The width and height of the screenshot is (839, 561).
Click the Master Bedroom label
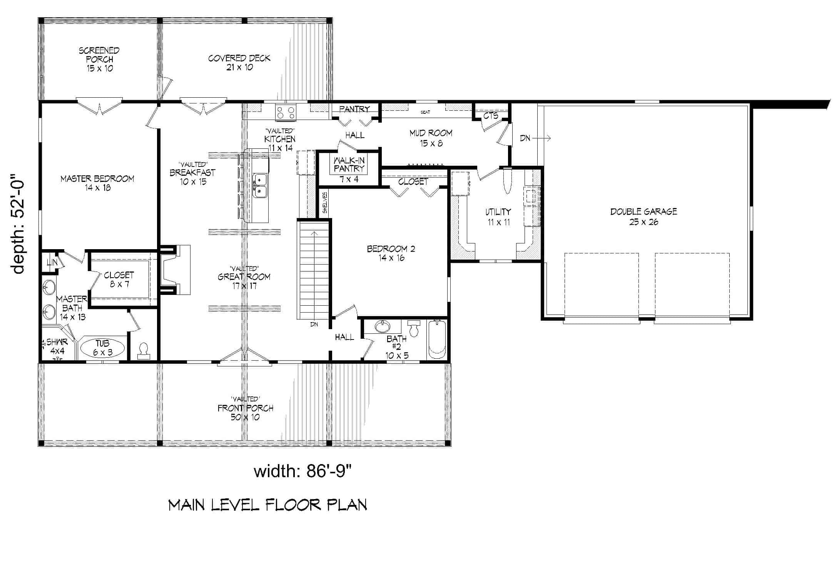97,183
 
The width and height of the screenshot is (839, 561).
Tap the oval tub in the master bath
102,348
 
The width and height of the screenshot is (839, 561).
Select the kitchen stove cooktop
286,113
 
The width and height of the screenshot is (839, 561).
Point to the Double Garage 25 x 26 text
643,216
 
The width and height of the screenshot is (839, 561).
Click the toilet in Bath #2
414,329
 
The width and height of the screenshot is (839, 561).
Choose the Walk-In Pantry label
349,169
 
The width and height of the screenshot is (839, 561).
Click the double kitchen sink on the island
260,185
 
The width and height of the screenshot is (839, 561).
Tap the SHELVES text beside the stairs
325,203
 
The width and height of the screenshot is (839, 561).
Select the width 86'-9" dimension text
303,471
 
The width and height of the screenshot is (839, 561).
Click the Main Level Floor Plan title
268,505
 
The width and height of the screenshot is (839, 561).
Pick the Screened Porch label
99,59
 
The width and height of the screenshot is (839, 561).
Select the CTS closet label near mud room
491,116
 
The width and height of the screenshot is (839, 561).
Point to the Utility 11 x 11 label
498,216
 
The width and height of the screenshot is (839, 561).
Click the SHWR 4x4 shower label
57,346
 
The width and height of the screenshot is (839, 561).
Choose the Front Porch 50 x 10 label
245,412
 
